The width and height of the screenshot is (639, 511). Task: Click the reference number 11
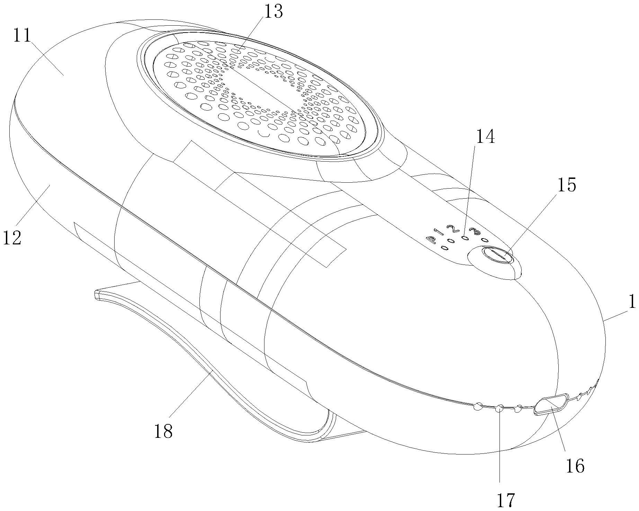point(22,36)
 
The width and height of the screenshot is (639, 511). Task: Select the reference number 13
point(273,11)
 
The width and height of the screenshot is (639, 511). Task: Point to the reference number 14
point(485,137)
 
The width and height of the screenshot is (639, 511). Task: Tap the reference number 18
point(163,431)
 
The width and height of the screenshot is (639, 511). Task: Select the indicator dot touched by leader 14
point(465,239)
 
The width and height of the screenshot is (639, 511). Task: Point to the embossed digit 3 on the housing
point(473,231)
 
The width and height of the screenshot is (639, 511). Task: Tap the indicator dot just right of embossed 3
point(484,240)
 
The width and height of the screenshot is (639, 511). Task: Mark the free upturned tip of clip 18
point(97,294)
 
